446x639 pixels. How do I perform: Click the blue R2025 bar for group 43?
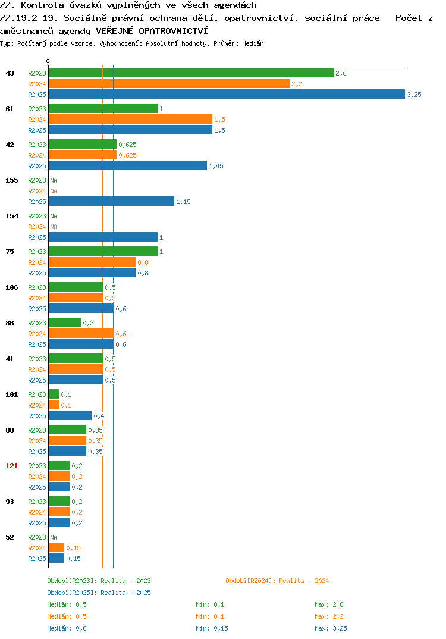click(227, 94)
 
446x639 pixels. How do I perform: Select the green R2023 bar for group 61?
click(103, 108)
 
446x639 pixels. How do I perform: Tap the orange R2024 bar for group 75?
click(92, 262)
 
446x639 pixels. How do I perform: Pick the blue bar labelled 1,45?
click(128, 165)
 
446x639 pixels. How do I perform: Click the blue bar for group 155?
click(111, 201)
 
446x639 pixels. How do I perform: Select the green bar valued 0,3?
click(65, 322)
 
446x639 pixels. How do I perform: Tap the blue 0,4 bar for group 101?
click(70, 415)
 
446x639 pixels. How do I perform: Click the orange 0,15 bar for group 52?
click(56, 548)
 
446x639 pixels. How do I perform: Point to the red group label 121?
click(12, 466)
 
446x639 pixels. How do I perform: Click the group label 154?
click(12, 216)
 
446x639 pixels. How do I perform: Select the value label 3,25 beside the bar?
click(414, 95)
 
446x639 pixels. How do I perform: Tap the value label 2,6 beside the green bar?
click(341, 73)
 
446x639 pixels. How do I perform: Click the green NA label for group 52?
click(54, 537)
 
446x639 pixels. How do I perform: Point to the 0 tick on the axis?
click(48, 61)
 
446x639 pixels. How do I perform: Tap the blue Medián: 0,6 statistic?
click(67, 628)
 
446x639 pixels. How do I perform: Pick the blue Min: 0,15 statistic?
click(212, 628)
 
